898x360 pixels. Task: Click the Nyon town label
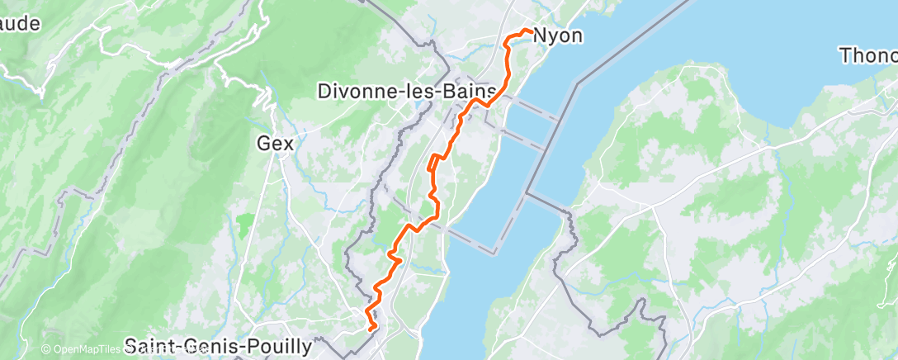pyautogui.click(x=558, y=36)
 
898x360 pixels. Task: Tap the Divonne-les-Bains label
pyautogui.click(x=407, y=91)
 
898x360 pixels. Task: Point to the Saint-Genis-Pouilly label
pyautogui.click(x=218, y=345)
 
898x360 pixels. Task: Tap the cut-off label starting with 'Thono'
pyautogui.click(x=867, y=56)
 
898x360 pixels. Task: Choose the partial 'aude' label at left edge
pyautogui.click(x=21, y=24)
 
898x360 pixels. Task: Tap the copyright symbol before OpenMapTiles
pyautogui.click(x=46, y=349)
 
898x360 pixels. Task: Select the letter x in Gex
pyautogui.click(x=287, y=143)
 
